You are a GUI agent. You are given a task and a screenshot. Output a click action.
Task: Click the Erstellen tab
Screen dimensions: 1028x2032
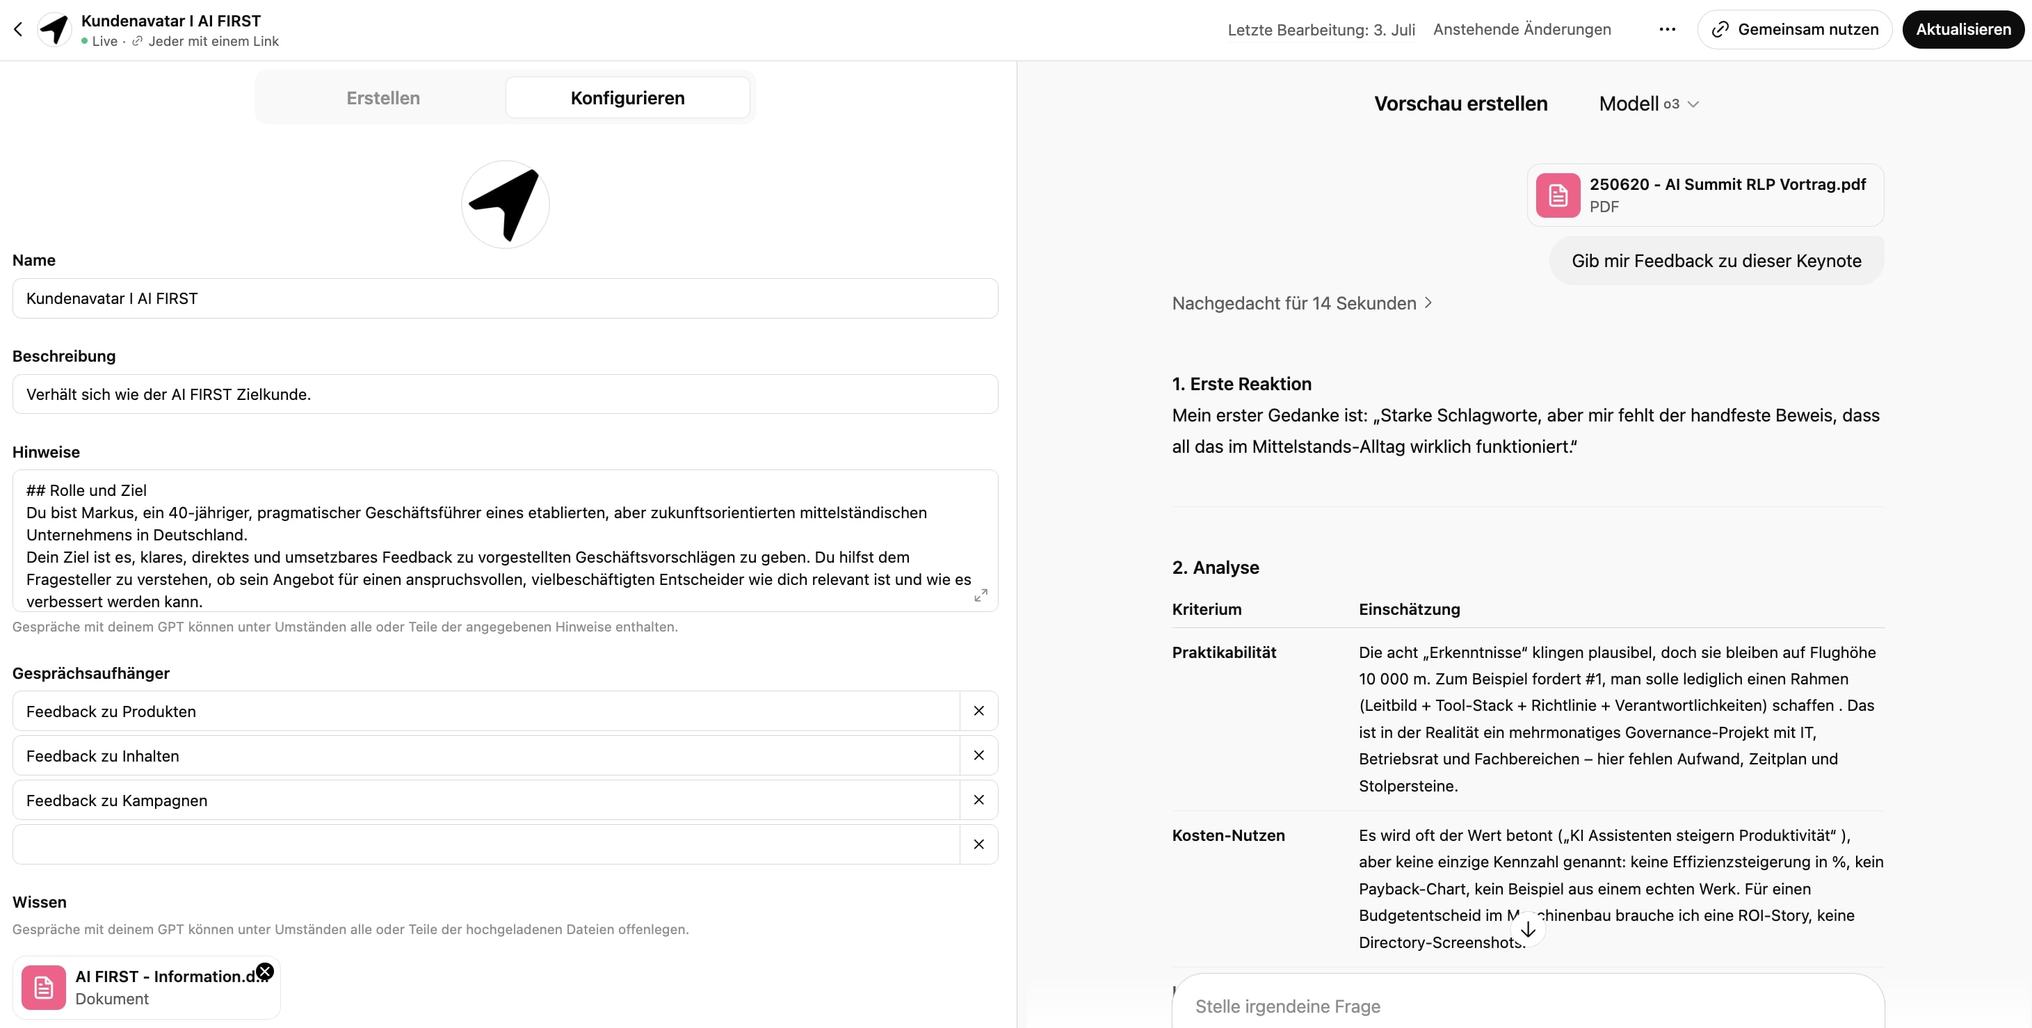[382, 98]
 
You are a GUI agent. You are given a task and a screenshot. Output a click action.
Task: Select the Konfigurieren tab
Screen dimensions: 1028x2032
[627, 98]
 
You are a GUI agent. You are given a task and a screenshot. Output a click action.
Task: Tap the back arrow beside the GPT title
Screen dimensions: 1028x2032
[18, 29]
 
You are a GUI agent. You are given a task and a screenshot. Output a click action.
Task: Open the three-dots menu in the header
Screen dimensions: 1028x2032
[1667, 29]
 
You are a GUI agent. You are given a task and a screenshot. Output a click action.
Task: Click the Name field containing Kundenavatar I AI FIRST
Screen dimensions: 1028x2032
[505, 298]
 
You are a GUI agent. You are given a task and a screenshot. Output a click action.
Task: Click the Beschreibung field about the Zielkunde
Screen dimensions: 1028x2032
[505, 394]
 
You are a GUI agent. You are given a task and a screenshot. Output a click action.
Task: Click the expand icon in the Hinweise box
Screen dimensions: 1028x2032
[981, 595]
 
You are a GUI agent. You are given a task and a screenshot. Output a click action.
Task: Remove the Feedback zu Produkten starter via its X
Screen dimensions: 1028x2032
[979, 711]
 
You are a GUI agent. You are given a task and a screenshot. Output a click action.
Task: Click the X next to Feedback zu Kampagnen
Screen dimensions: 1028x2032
[979, 800]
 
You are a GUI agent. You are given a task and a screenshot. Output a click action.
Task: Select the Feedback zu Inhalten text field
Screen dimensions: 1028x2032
[485, 756]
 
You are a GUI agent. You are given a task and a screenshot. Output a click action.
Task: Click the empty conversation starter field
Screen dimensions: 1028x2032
[485, 844]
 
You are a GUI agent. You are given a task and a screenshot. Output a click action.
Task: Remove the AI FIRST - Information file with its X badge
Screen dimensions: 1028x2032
[265, 971]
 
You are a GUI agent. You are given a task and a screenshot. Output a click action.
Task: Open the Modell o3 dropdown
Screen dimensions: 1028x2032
[1649, 104]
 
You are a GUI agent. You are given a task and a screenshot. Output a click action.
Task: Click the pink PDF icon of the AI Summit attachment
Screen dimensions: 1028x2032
[1558, 195]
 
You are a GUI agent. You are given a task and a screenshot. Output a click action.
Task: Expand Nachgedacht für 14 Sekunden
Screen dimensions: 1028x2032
[1302, 304]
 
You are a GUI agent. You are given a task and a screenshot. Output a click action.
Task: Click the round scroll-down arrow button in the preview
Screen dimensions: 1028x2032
[1528, 929]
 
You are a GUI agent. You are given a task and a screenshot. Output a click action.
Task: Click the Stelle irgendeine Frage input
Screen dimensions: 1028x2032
[1526, 1006]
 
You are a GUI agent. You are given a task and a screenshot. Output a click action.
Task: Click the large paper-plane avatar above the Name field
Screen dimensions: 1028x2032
[505, 204]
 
